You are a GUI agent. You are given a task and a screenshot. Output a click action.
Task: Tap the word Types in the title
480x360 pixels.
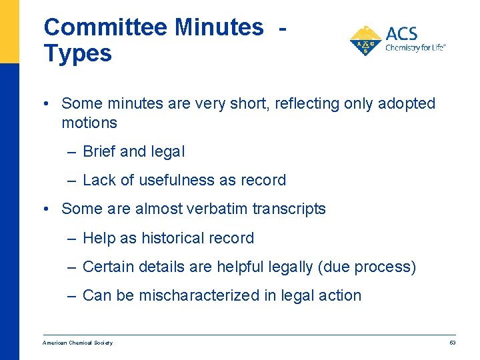[x=77, y=53]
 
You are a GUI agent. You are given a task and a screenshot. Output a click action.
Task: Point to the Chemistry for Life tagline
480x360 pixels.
[x=415, y=47]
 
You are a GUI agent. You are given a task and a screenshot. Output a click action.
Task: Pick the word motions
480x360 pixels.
[x=89, y=123]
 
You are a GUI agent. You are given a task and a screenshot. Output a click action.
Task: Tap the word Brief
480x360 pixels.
[x=100, y=151]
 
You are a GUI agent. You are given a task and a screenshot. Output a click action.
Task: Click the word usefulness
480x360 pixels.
[x=198, y=180]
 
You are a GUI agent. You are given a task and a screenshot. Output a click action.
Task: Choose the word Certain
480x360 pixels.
[x=107, y=267]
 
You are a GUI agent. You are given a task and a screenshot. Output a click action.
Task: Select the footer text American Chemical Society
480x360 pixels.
[x=77, y=343]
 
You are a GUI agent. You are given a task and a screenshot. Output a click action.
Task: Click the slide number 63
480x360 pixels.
[x=452, y=343]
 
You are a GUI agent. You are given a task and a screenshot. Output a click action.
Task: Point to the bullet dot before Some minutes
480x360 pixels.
[x=44, y=103]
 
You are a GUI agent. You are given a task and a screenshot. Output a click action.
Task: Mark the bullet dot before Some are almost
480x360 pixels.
[x=44, y=209]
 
